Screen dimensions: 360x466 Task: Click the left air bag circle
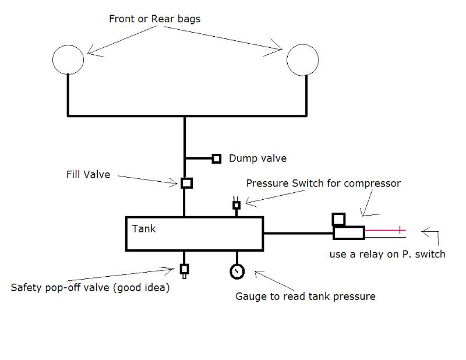[x=69, y=59]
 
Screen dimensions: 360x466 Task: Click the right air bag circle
[x=303, y=59]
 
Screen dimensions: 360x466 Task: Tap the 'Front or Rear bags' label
[x=154, y=19]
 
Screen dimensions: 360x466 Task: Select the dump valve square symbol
[x=216, y=158]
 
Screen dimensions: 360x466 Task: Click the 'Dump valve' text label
[x=257, y=158]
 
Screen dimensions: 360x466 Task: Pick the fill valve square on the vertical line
[x=186, y=183]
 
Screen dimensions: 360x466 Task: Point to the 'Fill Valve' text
[x=89, y=174]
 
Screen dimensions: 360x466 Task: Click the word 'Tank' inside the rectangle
[x=144, y=228]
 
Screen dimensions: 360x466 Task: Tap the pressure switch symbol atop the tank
[x=236, y=204]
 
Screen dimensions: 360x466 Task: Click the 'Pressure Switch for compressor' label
[x=323, y=183]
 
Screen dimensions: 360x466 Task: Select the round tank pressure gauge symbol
[x=237, y=271]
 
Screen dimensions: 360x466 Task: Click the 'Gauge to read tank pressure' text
[x=305, y=297]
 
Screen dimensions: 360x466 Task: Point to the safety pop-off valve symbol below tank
[x=184, y=269]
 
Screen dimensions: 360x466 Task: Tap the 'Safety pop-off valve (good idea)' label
[x=90, y=288]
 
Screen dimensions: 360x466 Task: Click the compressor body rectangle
[x=349, y=233]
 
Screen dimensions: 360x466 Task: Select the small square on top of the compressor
[x=338, y=220]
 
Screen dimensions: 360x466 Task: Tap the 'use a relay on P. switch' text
[x=387, y=254]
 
